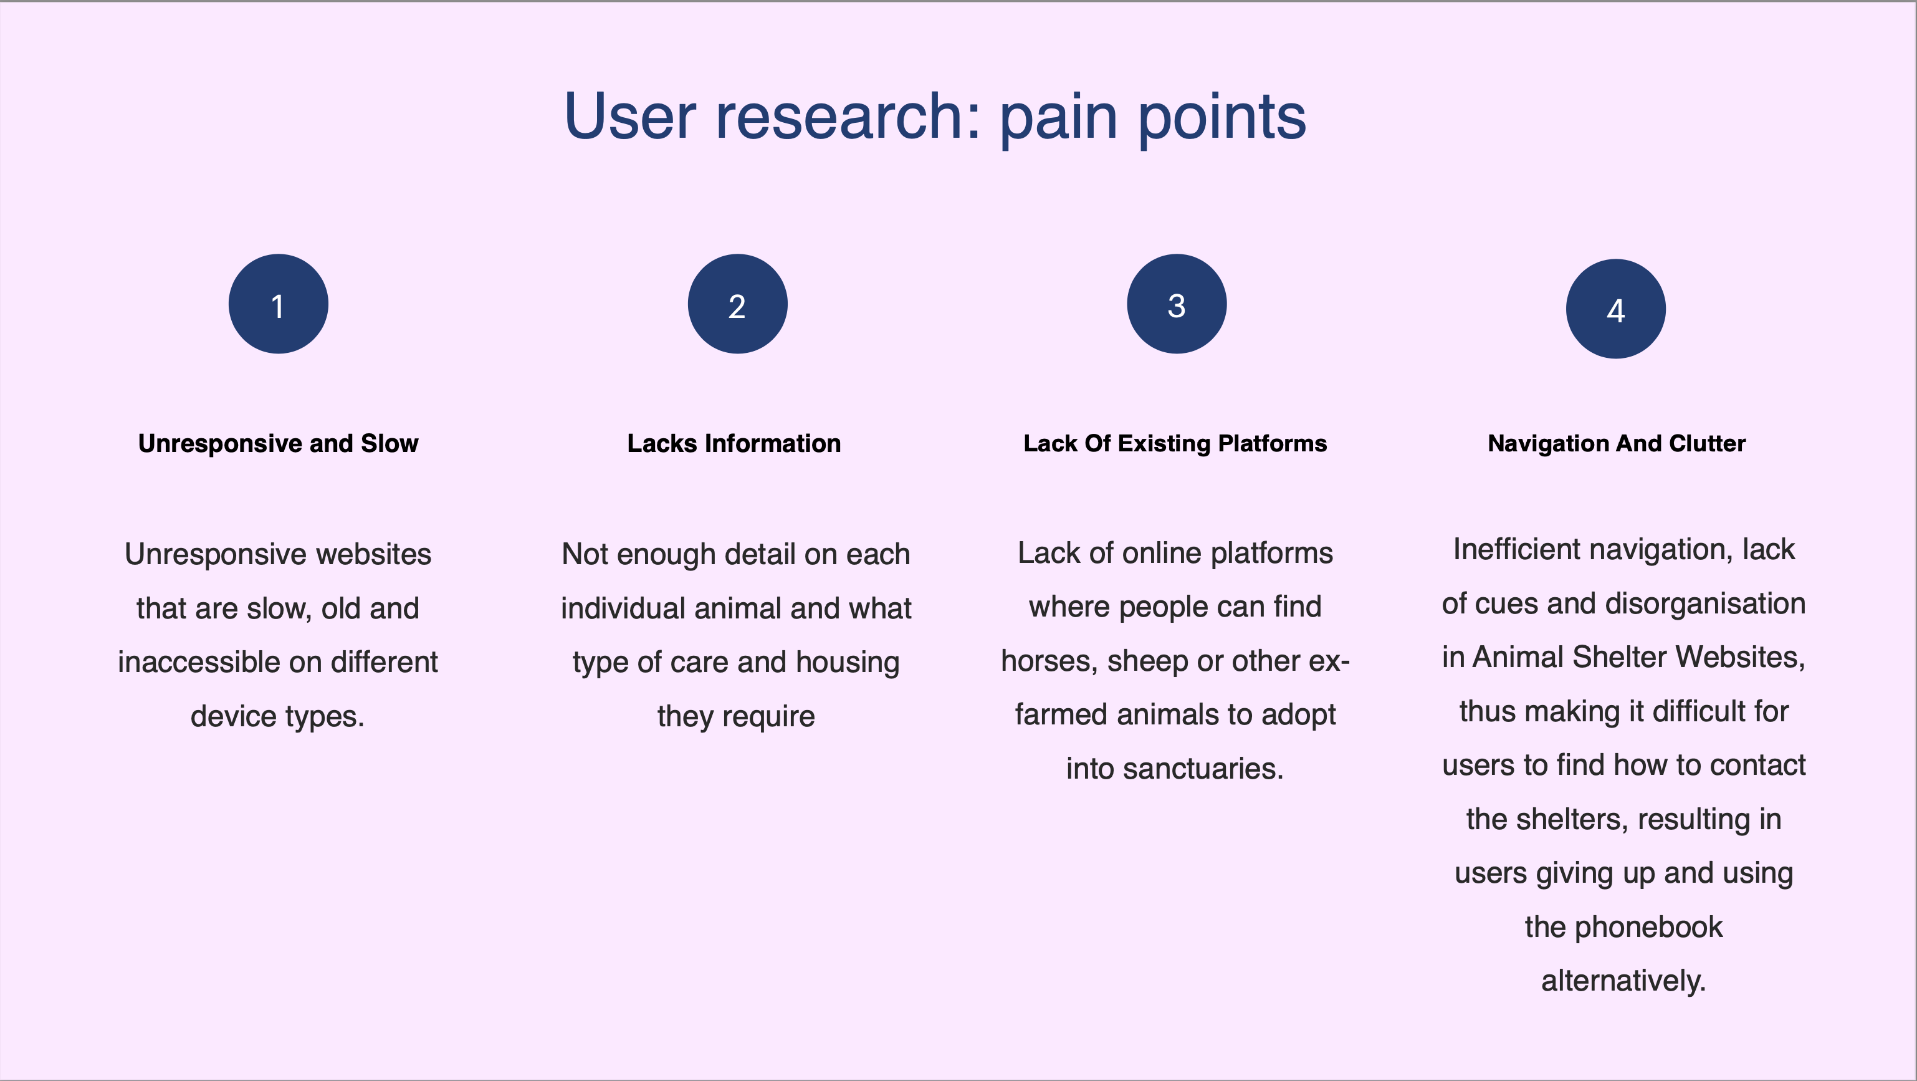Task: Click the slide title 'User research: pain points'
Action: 935,116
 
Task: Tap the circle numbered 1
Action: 279,304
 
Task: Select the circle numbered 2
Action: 737,304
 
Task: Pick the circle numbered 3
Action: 1177,304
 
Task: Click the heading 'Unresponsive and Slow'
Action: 279,444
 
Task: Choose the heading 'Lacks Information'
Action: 734,444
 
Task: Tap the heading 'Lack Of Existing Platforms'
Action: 1175,444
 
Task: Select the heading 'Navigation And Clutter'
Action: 1617,444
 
